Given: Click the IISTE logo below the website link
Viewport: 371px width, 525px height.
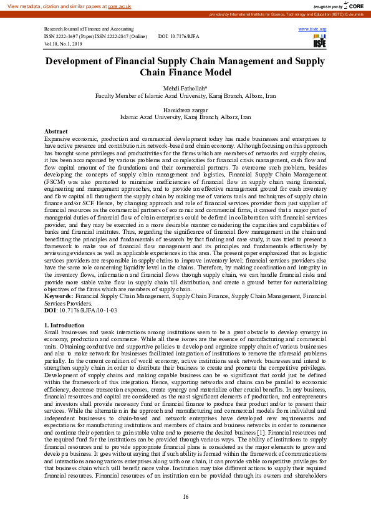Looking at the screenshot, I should pyautogui.click(x=319, y=41).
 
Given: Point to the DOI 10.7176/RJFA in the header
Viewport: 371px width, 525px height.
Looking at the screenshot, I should pyautogui.click(x=183, y=37).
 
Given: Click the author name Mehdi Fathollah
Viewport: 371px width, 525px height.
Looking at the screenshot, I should pyautogui.click(x=185, y=89).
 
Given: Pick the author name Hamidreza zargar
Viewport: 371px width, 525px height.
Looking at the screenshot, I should pyautogui.click(x=185, y=110).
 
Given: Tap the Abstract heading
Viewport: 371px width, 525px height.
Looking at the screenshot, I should pyautogui.click(x=56, y=132).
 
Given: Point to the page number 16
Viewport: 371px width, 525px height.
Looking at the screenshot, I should pyautogui.click(x=185, y=496).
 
